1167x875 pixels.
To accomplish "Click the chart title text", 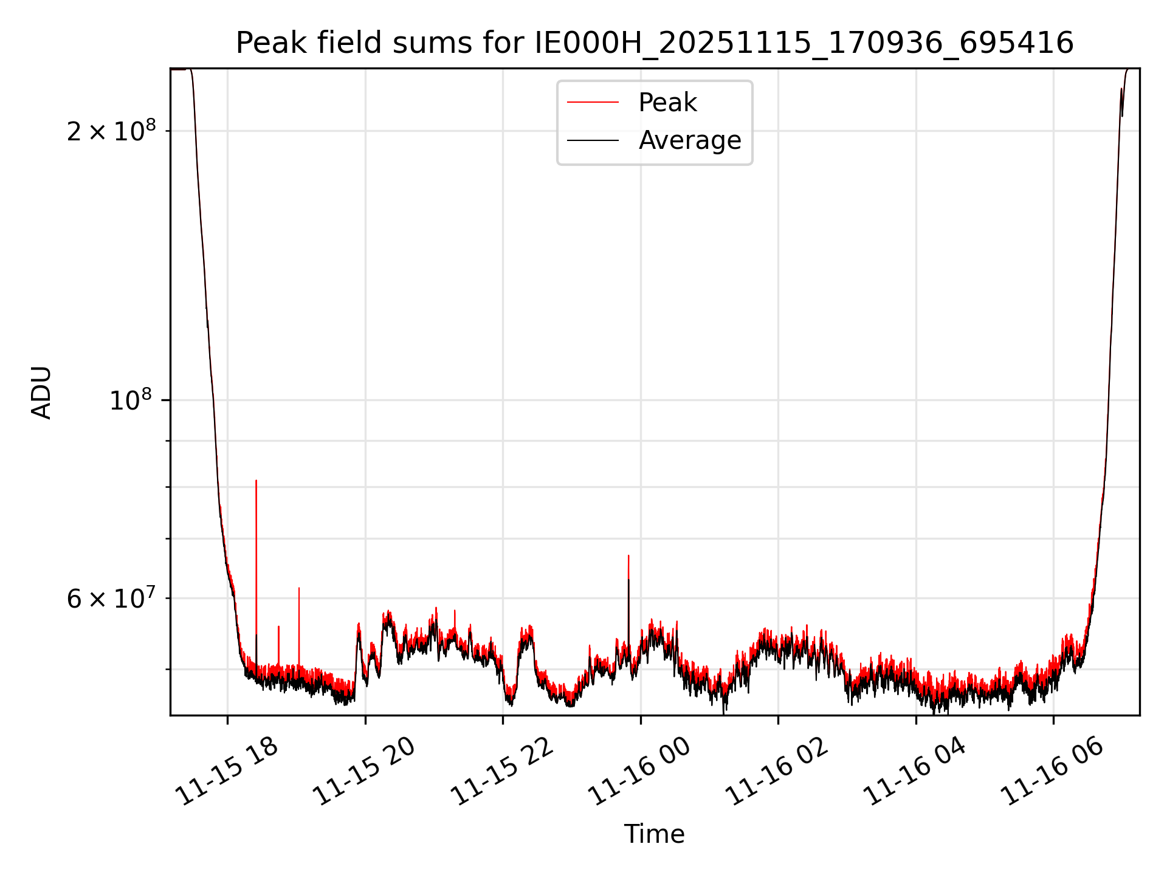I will [655, 44].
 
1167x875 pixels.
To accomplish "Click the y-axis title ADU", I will [42, 393].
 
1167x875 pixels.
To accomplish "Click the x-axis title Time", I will [654, 834].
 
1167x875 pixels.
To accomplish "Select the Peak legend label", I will [667, 103].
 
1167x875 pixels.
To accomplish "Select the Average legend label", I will [689, 140].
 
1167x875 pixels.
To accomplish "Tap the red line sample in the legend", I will [593, 103].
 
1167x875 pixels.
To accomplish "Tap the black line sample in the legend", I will [593, 141].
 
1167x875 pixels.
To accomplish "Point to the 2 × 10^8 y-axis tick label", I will [111, 131].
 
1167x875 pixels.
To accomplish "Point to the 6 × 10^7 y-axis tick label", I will [111, 598].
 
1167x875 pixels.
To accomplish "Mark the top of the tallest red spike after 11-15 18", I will [256, 481].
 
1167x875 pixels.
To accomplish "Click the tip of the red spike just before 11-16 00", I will [628, 555].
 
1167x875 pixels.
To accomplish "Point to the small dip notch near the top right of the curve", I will [1122, 115].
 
